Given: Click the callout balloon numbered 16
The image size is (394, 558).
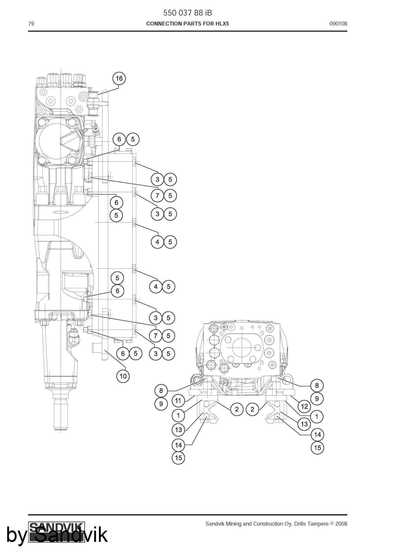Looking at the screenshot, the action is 119,78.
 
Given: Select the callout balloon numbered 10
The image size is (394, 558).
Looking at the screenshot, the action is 123,376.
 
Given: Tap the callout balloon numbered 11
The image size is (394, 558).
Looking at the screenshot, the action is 178,401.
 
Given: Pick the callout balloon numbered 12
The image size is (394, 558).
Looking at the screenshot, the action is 304,406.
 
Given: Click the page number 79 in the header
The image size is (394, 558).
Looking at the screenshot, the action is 31,24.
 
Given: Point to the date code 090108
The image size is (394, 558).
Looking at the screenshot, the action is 338,24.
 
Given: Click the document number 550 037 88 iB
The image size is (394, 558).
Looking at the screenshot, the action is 188,13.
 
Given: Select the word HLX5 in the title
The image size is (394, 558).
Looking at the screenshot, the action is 222,24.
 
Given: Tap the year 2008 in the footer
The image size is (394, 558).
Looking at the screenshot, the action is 341,524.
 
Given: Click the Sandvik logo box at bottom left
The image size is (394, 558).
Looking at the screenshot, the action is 57,532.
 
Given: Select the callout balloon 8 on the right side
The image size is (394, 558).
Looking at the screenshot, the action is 317,386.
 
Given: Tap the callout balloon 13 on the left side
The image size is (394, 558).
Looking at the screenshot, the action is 178,430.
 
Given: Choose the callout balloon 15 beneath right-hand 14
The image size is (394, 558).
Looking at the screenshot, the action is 317,448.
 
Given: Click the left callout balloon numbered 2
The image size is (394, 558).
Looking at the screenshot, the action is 237,409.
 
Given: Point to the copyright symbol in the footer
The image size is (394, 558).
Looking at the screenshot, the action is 332,524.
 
